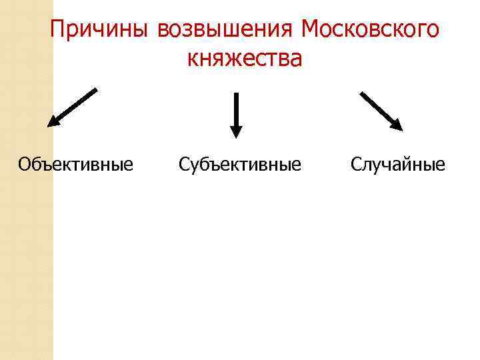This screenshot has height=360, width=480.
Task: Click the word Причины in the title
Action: [x=101, y=29]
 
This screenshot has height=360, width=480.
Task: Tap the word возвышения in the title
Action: [x=226, y=29]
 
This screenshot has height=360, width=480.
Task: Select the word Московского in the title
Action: [x=370, y=29]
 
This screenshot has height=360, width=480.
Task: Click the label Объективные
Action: [x=76, y=163]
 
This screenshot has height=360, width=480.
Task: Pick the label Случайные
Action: [x=398, y=163]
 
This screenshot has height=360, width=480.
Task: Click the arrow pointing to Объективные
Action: [x=73, y=107]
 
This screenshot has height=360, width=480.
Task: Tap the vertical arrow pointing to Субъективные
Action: [x=236, y=115]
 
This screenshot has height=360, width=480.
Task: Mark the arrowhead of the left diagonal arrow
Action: [x=53, y=122]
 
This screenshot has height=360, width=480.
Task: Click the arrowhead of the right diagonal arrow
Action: [x=398, y=125]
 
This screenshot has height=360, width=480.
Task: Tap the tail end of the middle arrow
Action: [x=236, y=95]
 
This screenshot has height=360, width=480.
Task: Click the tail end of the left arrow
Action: [x=95, y=90]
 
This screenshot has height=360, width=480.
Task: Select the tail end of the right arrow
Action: [x=362, y=93]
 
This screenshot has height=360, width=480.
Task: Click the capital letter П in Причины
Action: [x=57, y=29]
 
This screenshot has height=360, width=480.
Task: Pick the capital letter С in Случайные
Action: [x=357, y=163]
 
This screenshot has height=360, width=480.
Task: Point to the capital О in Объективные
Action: [x=25, y=163]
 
